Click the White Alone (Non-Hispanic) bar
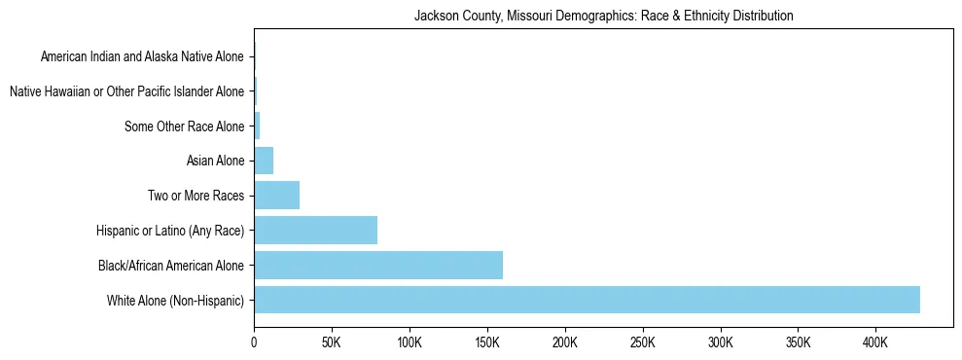587,300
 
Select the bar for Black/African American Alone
378,265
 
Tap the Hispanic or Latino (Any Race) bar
315,231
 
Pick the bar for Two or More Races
276,196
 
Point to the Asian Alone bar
264,161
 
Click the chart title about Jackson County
603,17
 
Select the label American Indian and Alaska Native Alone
142,56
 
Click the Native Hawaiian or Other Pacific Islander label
126,91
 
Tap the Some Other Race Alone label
185,126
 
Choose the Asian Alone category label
215,161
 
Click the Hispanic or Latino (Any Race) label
170,231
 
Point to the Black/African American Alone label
171,265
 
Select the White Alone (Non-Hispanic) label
176,300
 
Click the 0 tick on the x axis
254,343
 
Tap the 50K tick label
332,343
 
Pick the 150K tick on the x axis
487,343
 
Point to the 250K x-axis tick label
642,343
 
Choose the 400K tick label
875,343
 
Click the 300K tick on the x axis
720,343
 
